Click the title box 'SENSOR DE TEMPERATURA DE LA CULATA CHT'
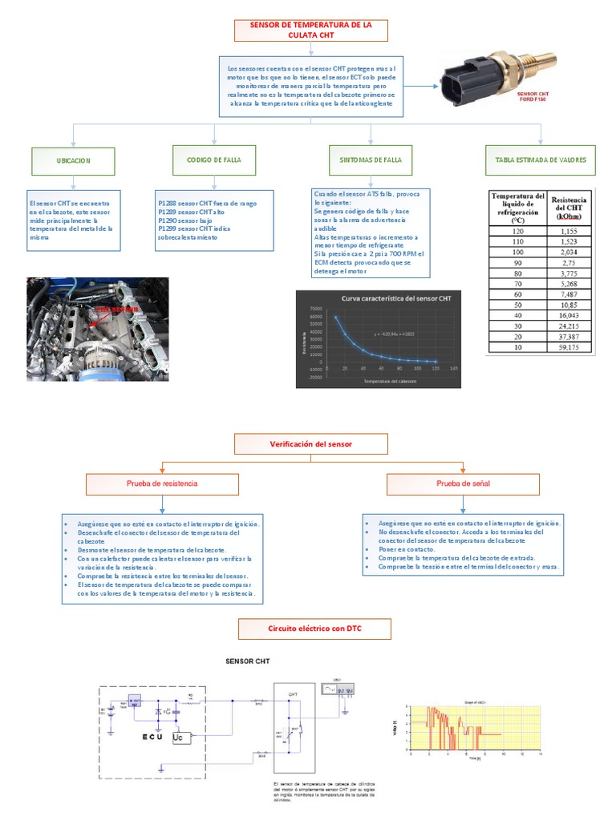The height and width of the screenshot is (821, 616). click(x=311, y=30)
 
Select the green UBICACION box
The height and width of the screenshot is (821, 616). click(x=74, y=160)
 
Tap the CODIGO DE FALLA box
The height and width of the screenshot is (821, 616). click(x=214, y=160)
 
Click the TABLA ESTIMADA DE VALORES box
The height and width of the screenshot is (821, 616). click(x=541, y=160)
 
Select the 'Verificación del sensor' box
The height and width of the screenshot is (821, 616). click(x=311, y=443)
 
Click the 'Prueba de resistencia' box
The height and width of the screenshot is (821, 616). click(x=163, y=484)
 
